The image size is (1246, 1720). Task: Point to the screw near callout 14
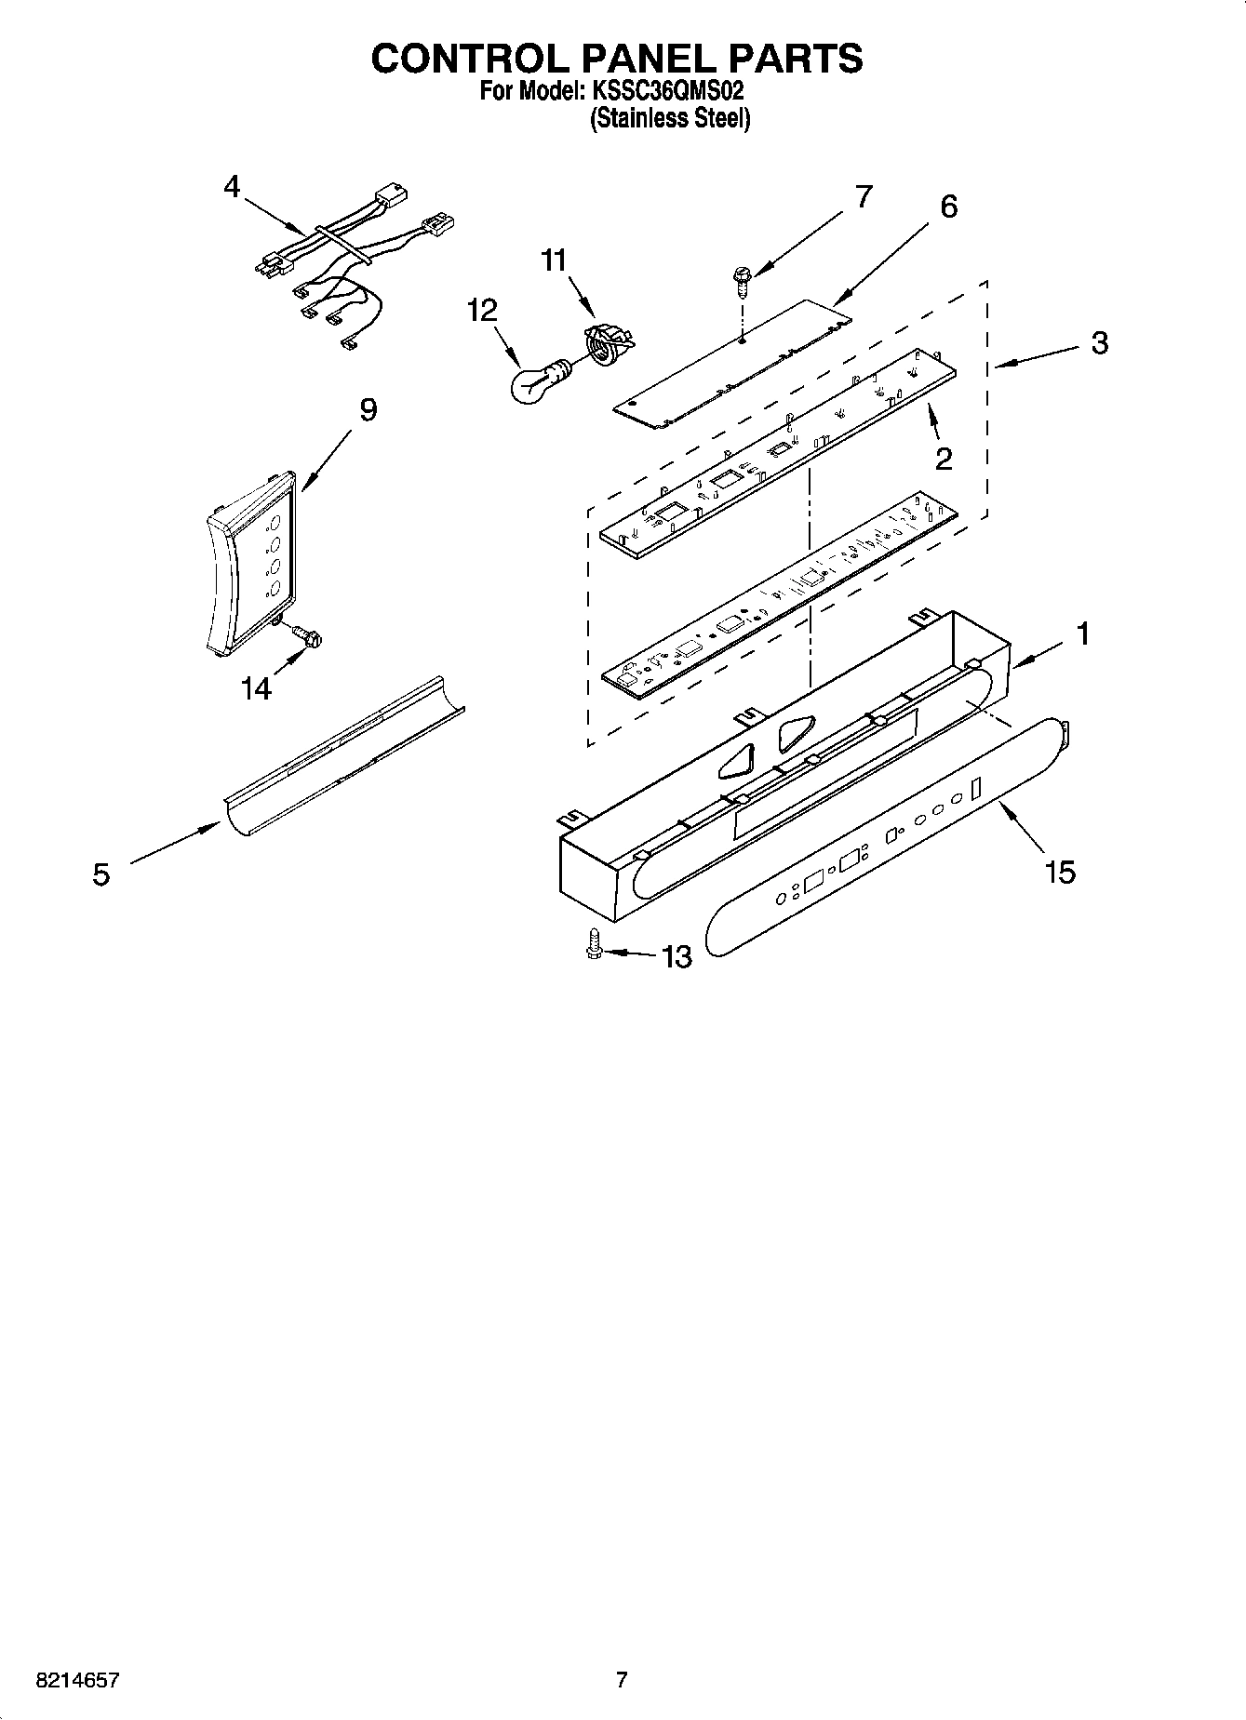coord(306,635)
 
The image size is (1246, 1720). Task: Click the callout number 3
coord(1100,343)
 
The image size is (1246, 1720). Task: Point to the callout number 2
coord(944,459)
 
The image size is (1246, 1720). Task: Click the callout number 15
coord(1060,872)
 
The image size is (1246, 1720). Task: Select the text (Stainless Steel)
coord(671,119)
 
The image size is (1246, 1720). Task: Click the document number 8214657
coord(77,1680)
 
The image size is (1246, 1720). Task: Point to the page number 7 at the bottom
coord(622,1679)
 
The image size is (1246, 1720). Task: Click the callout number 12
coord(482,310)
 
